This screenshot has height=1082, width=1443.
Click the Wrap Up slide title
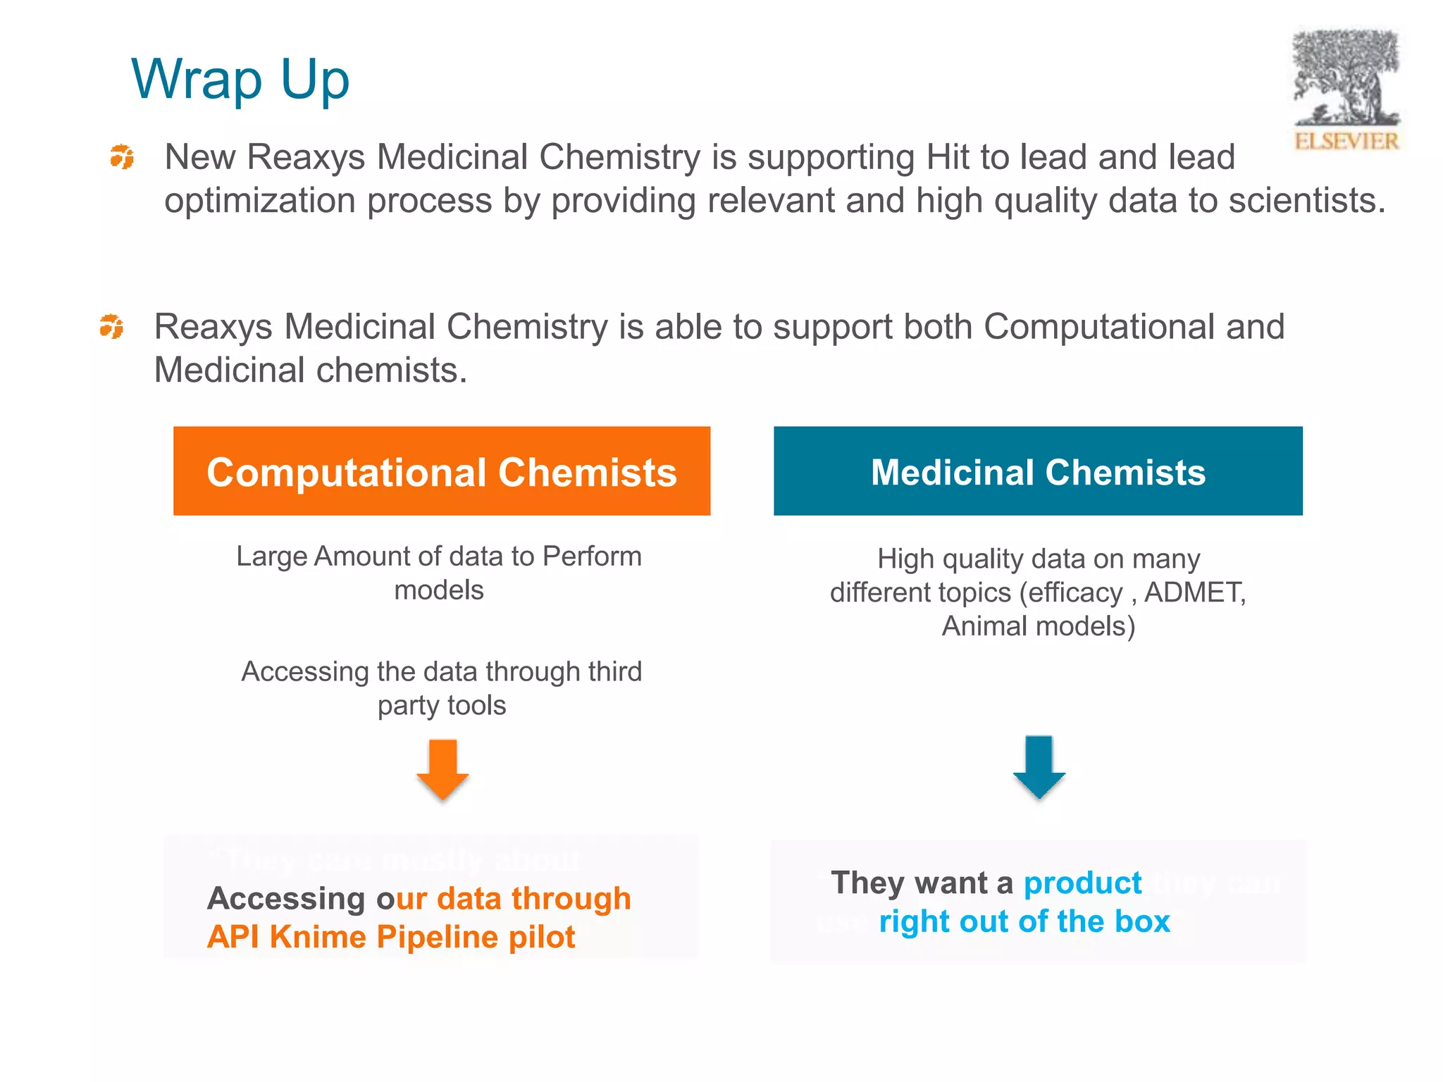point(240,79)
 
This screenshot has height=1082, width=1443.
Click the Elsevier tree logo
point(1345,77)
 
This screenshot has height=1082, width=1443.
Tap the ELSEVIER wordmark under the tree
point(1346,141)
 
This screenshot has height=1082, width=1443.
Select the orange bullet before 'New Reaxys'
point(122,156)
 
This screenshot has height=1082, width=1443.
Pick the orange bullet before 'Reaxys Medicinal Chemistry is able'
point(111,326)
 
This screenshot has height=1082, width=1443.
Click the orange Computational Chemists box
point(441,471)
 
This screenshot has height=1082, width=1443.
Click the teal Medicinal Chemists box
point(1037,471)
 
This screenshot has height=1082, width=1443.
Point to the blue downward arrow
point(1039,766)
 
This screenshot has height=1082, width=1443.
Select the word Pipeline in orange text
point(438,937)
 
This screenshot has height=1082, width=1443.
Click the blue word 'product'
point(1082,883)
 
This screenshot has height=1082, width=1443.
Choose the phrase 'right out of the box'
point(1024,921)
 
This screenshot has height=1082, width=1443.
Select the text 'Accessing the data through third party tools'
point(442,688)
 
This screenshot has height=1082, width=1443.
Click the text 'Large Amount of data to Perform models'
point(439,573)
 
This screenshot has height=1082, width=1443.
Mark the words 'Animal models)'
point(1038,626)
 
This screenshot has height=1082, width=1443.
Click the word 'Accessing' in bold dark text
point(286,899)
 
